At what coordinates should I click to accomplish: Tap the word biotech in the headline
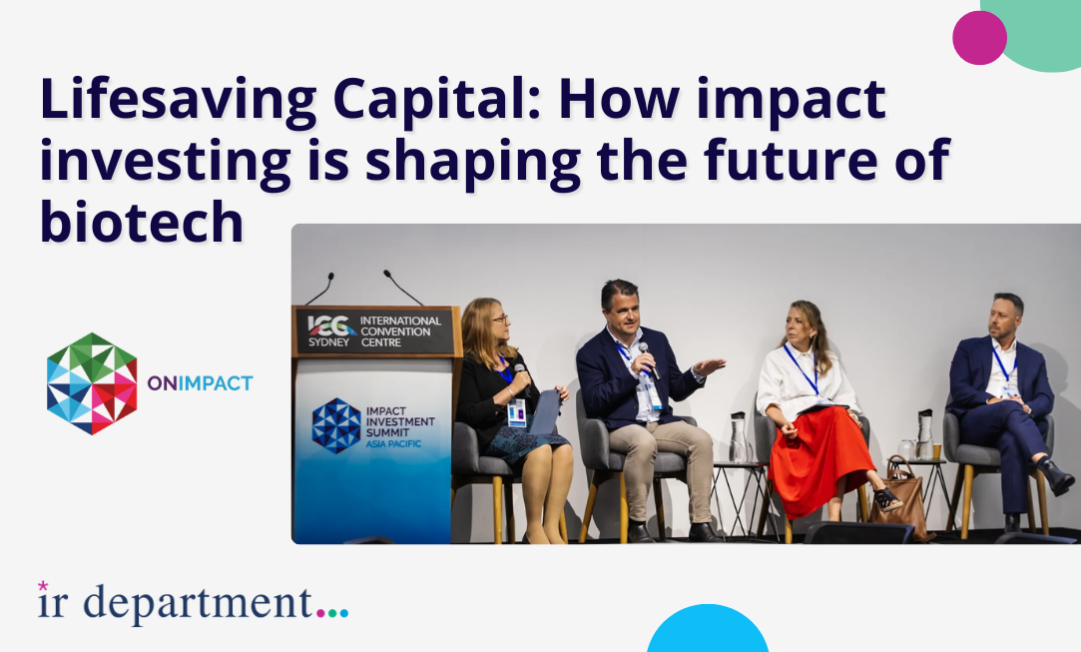coord(142,222)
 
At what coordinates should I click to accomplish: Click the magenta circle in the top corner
coord(979,38)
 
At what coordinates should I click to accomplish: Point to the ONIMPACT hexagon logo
coord(92,383)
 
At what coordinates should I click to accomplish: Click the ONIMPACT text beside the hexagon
coord(200,383)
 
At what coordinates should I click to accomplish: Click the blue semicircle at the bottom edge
coord(708,629)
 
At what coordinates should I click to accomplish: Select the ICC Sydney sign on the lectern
coord(374,331)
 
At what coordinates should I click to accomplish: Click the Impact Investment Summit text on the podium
coord(400,426)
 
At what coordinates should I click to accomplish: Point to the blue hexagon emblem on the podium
coord(335,425)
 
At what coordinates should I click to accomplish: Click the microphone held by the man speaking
coord(648,358)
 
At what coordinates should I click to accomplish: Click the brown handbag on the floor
coord(902,500)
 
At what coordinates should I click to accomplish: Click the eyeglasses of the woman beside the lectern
coord(500,319)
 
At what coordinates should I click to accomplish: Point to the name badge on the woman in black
coord(516,413)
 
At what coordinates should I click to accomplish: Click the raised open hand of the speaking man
coord(708,365)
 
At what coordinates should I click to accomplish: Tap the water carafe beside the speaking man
coord(738,437)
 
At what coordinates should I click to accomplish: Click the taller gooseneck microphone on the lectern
coord(403,288)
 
